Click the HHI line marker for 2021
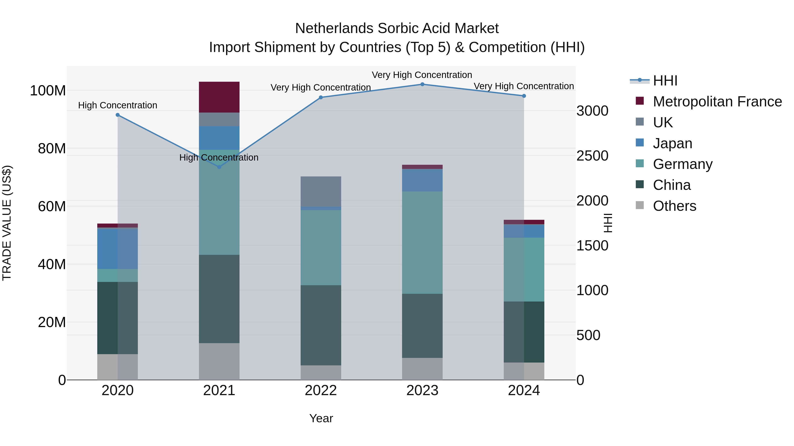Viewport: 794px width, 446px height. point(219,167)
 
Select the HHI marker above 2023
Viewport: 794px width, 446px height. point(422,84)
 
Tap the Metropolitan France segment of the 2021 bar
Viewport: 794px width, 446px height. point(219,97)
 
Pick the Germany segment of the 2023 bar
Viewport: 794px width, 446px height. point(422,242)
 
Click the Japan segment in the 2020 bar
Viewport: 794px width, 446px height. point(117,249)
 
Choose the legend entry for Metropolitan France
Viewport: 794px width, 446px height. point(717,102)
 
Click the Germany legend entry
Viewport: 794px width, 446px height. point(682,164)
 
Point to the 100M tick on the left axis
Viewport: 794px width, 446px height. point(48,91)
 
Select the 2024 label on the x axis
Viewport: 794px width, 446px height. point(524,390)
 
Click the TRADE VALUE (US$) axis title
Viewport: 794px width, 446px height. point(7,223)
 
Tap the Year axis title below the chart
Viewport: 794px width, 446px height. point(321,418)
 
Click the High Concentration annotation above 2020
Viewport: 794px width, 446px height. point(117,105)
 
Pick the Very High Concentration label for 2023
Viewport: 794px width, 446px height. point(422,75)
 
